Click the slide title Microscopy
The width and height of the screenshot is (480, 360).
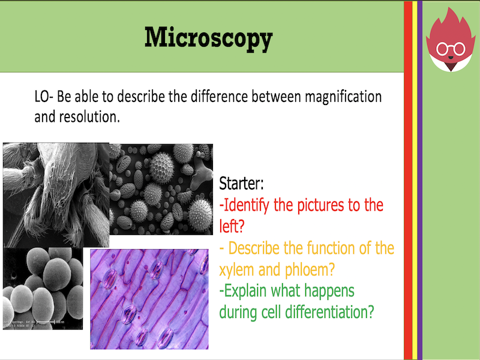point(208,38)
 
